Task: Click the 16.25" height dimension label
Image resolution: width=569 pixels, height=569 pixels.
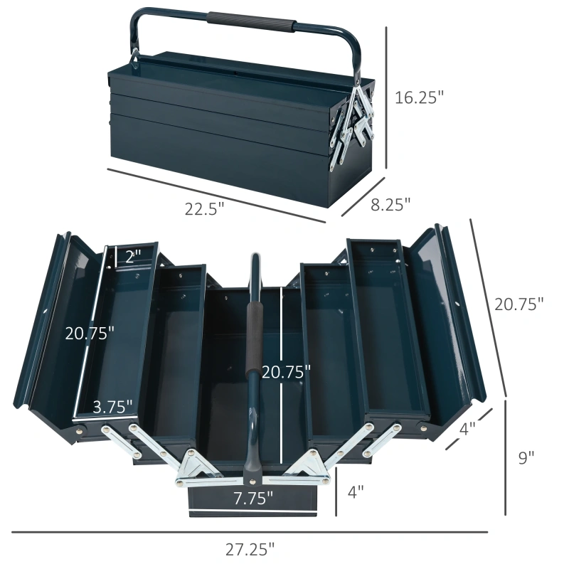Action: coord(419,97)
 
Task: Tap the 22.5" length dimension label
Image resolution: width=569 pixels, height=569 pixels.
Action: coord(205,208)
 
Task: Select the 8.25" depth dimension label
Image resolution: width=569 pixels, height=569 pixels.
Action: coord(391,205)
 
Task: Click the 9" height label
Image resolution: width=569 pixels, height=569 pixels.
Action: coord(526,458)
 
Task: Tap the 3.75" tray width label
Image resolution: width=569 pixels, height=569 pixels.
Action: coord(113,407)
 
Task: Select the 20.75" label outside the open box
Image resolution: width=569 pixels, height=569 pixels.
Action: coord(519,303)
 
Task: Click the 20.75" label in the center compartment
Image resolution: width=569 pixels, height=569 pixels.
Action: coord(287,371)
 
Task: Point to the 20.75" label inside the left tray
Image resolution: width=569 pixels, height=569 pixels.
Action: coord(90,333)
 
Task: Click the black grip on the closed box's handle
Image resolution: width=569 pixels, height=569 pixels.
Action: coord(251,22)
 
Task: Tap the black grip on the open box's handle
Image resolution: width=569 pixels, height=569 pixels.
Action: coord(252,356)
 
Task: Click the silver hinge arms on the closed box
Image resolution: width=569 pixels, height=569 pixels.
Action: coord(356,117)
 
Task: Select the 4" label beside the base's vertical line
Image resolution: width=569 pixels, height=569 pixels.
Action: coord(356,490)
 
